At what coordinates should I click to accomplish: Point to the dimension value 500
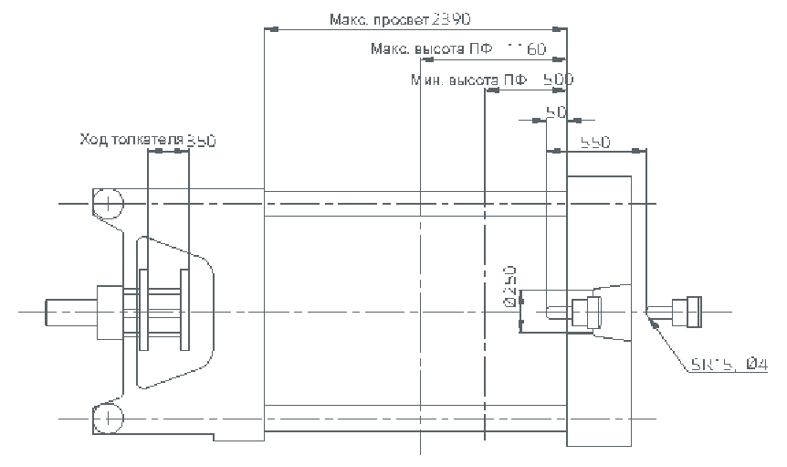tap(557, 80)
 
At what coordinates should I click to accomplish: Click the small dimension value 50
tap(555, 111)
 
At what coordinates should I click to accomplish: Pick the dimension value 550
tap(595, 143)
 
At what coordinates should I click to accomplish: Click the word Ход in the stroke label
tap(93, 140)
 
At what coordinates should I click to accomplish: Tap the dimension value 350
tap(201, 140)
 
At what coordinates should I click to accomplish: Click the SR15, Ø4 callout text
tap(728, 366)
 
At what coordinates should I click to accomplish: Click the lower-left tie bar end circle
tap(108, 418)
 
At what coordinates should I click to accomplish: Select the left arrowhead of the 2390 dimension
tap(268, 29)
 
